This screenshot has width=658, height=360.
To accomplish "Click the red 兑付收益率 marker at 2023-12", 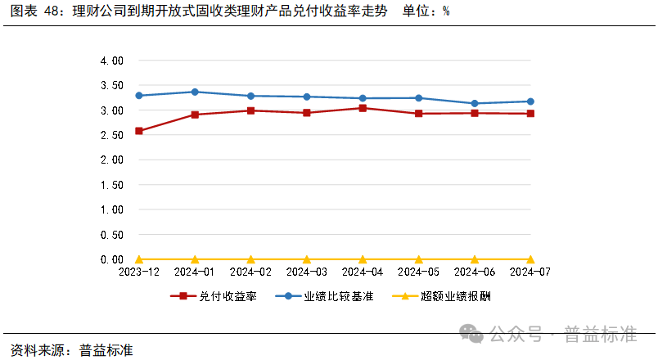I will coord(139,131).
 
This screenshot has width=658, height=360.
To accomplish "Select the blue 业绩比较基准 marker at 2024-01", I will coord(195,92).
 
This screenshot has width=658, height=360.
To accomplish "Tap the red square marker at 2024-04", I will coord(363,108).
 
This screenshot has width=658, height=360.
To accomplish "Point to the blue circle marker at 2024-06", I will coord(475,104).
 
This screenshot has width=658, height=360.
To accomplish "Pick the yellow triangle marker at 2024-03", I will coord(307,259).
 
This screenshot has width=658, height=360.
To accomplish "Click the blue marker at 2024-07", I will coord(530,101).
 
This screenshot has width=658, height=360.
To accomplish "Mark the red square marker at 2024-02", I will coord(251,110).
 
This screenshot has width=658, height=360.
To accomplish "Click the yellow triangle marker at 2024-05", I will coord(419,259).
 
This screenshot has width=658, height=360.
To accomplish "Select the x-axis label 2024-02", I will coord(251,271).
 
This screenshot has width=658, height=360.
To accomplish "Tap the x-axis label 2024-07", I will coord(530,271).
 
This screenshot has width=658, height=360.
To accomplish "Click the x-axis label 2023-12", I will coord(139,271).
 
